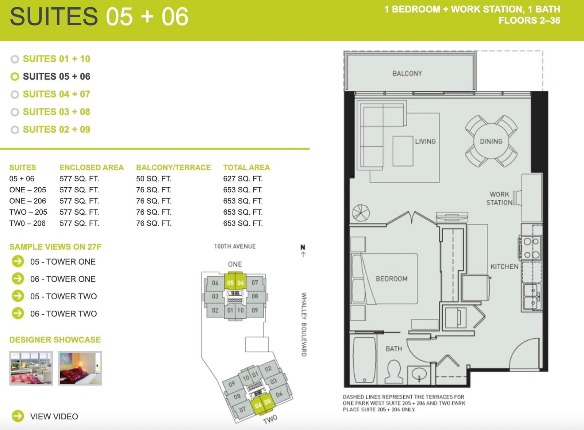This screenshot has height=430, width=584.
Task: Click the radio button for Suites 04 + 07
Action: click(x=15, y=95)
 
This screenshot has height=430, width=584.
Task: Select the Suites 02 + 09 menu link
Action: click(x=57, y=129)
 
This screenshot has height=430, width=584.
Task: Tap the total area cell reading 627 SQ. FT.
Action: click(x=243, y=178)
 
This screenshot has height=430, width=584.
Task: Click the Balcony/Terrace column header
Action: click(x=173, y=168)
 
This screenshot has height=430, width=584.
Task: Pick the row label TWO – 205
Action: click(x=28, y=212)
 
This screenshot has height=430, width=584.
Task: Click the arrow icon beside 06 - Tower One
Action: click(x=18, y=279)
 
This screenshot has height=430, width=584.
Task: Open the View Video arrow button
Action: click(x=18, y=416)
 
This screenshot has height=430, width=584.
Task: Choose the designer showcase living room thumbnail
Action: click(x=31, y=368)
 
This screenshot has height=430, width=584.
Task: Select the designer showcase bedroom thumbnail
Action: click(x=80, y=368)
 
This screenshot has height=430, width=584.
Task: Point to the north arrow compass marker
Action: click(x=303, y=251)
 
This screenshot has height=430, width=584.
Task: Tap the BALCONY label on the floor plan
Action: click(x=407, y=73)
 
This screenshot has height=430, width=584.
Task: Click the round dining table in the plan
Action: click(x=491, y=141)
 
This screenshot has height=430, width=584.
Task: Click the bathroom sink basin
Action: click(x=419, y=375)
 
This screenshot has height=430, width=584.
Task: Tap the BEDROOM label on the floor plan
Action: click(x=392, y=279)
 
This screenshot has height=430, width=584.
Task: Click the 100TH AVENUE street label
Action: click(x=235, y=246)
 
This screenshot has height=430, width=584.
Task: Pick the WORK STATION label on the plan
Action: click(x=499, y=199)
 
